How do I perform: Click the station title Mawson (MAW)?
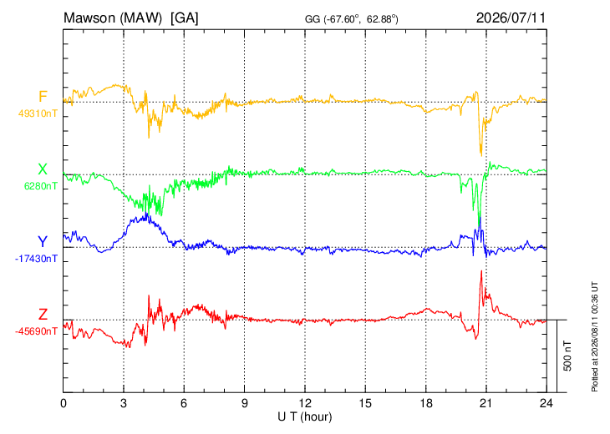coord(113,18)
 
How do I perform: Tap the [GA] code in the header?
coord(184,18)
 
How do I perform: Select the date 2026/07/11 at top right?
coord(511,18)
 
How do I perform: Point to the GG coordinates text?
coord(352,19)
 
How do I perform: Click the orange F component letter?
coord(43,96)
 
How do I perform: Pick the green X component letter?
coord(43,169)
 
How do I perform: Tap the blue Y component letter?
coord(43,242)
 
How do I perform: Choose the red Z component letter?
coord(43,315)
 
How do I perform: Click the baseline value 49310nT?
coord(38,114)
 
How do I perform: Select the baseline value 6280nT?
coord(40,186)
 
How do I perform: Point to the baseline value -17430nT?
coord(36,259)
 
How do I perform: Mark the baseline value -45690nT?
coord(36,331)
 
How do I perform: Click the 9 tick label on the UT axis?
coord(244,403)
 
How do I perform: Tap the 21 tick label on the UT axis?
coord(485,403)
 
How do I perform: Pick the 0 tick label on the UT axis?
coord(63,403)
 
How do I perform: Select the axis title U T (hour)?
coord(305,417)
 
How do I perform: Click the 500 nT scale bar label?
coord(567,356)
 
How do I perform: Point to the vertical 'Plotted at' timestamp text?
coord(594,336)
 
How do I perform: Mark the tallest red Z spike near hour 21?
coord(481,271)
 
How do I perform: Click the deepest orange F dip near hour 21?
coord(481,155)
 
